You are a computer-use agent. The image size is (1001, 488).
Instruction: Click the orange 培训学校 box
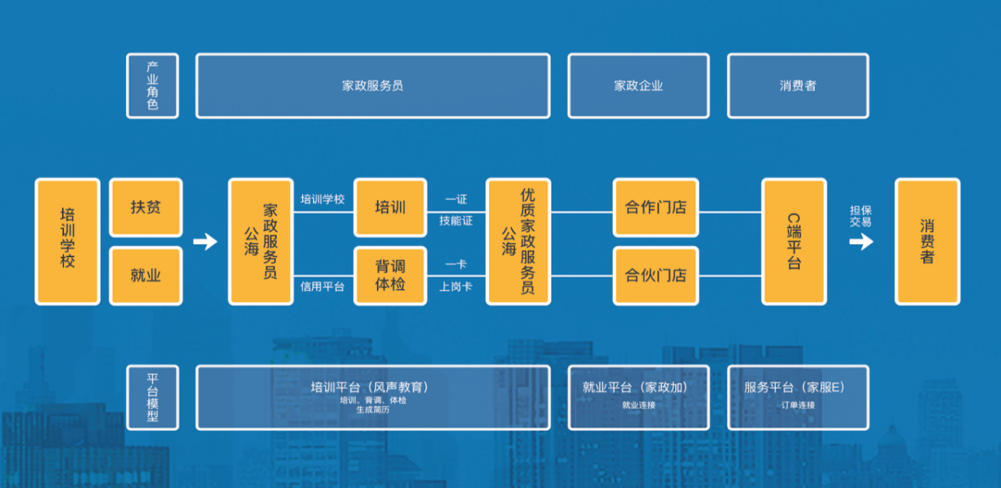coord(67,241)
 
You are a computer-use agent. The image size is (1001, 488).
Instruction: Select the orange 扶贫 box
coord(146,207)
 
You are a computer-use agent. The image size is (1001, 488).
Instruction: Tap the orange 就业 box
coord(146,275)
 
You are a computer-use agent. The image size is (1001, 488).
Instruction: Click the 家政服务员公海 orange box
coord(260,241)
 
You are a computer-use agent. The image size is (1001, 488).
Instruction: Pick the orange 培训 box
coord(390,207)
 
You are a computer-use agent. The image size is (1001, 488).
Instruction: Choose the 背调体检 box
coord(390,275)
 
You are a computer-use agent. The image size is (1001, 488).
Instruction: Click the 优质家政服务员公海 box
coord(518,241)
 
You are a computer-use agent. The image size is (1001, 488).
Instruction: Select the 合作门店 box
coord(656,207)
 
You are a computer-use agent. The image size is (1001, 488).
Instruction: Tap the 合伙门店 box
coord(656,275)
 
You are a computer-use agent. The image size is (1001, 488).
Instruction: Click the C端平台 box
coord(794,241)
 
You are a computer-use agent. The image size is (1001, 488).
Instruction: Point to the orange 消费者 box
coord(927,241)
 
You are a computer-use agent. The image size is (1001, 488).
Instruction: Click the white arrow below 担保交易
coord(861,241)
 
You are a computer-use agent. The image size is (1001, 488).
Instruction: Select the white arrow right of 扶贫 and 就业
coord(205,241)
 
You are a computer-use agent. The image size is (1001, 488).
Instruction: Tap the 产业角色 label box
coord(152,86)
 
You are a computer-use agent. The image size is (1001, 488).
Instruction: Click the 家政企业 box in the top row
coord(638,86)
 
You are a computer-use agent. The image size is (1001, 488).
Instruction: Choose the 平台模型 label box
coord(152,397)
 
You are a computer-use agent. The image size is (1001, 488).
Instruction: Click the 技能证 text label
coord(456,221)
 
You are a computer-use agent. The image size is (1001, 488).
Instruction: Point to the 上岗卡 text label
coord(456,287)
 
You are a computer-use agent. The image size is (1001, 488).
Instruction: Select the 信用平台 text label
coord(322,287)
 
